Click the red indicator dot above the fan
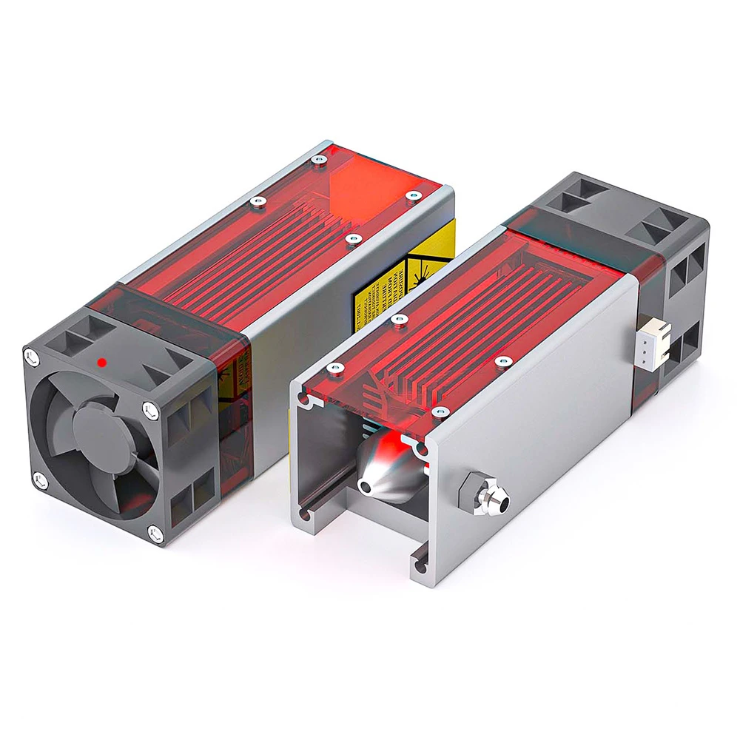tap(101, 363)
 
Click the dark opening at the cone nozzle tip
tap(366, 486)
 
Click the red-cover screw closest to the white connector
tap(504, 361)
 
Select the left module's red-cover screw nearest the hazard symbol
tap(354, 239)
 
